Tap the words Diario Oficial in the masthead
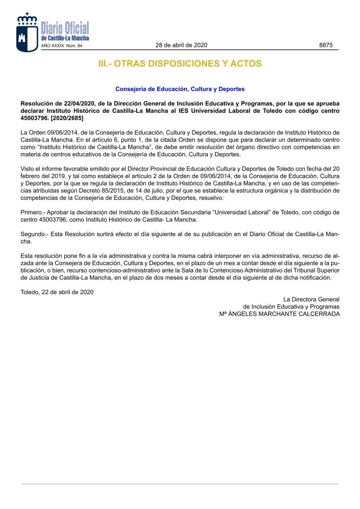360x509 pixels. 65,29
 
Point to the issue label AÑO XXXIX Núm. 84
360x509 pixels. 61,46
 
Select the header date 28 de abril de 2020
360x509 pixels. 181,45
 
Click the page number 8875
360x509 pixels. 326,45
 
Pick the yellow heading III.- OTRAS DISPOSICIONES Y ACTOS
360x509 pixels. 180,64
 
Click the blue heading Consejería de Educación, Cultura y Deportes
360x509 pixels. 180,89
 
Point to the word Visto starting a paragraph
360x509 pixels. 28,169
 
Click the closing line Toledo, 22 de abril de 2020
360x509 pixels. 57,292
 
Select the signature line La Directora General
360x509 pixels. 311,299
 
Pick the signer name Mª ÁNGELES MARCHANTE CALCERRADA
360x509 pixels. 279,314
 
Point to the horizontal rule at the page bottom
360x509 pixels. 180,484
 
